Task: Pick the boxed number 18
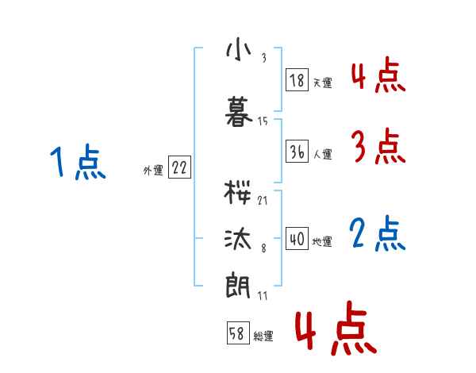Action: coord(296,81)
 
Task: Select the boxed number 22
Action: coord(179,168)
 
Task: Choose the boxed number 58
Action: coord(236,335)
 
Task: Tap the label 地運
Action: coord(322,241)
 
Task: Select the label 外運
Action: coord(152,170)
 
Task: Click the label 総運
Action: coord(263,336)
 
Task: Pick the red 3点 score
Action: coord(378,146)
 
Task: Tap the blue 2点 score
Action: coord(378,235)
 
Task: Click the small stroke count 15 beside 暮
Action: coord(263,121)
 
